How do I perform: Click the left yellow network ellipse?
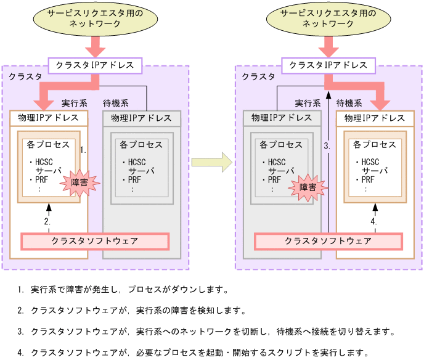click(x=96, y=19)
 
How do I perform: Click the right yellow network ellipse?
click(x=328, y=19)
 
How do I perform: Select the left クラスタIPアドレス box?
click(x=96, y=65)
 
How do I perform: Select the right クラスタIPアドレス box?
click(x=328, y=65)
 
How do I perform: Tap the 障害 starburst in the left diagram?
click(x=79, y=184)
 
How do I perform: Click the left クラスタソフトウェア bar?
click(x=95, y=240)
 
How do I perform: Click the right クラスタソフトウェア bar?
click(x=328, y=240)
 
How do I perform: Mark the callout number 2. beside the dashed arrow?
click(x=46, y=221)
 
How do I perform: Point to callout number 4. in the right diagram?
click(x=373, y=221)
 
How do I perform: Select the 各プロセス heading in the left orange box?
click(x=49, y=145)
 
